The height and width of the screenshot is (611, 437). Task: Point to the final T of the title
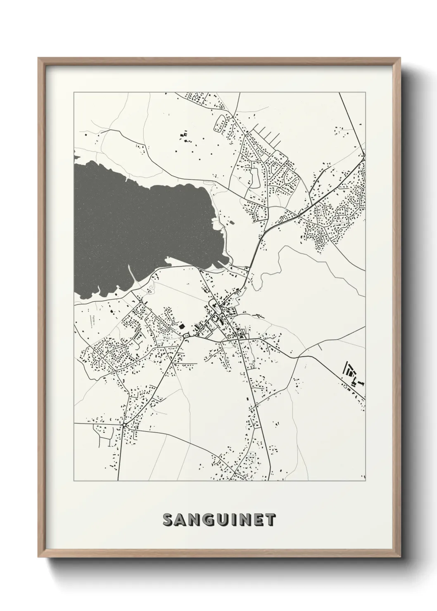click(270, 520)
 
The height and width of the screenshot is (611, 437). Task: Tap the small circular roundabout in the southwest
click(124, 424)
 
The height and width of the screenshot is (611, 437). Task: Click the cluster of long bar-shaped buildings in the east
click(352, 373)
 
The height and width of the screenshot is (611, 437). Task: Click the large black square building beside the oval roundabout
click(181, 326)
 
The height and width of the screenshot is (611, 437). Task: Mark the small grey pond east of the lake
click(254, 175)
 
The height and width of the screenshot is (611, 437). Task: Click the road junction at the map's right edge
click(364, 158)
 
